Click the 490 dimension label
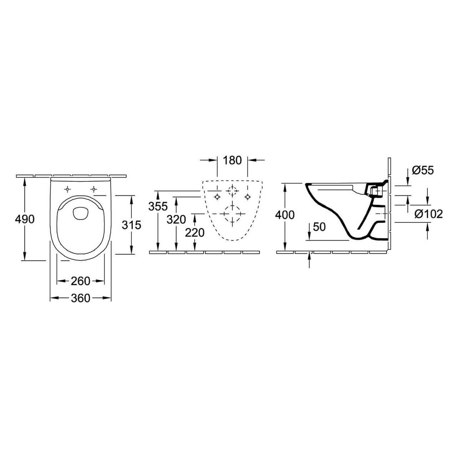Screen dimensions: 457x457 coord(25,219)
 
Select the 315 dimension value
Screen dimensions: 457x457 coord(132,225)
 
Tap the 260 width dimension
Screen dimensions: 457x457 coord(81,281)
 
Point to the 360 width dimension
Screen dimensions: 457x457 coord(81,298)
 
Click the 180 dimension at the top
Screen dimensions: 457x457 coord(232,160)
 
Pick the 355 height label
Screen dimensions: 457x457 coord(158,206)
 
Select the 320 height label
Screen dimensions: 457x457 coord(176,219)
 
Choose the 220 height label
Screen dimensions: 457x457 coord(195,232)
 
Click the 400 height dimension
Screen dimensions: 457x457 coord(285,215)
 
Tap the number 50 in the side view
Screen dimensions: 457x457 coord(319,226)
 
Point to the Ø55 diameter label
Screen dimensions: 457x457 coord(423,170)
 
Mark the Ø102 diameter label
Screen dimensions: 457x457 coord(428,214)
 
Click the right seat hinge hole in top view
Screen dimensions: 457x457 coord(94,189)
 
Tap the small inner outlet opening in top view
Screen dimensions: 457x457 coord(81,213)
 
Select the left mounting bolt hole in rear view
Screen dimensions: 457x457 coord(217,196)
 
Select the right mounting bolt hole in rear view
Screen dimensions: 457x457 coord(247,196)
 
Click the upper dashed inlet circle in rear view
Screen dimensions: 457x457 coord(232,191)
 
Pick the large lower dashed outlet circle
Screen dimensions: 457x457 coord(232,214)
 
